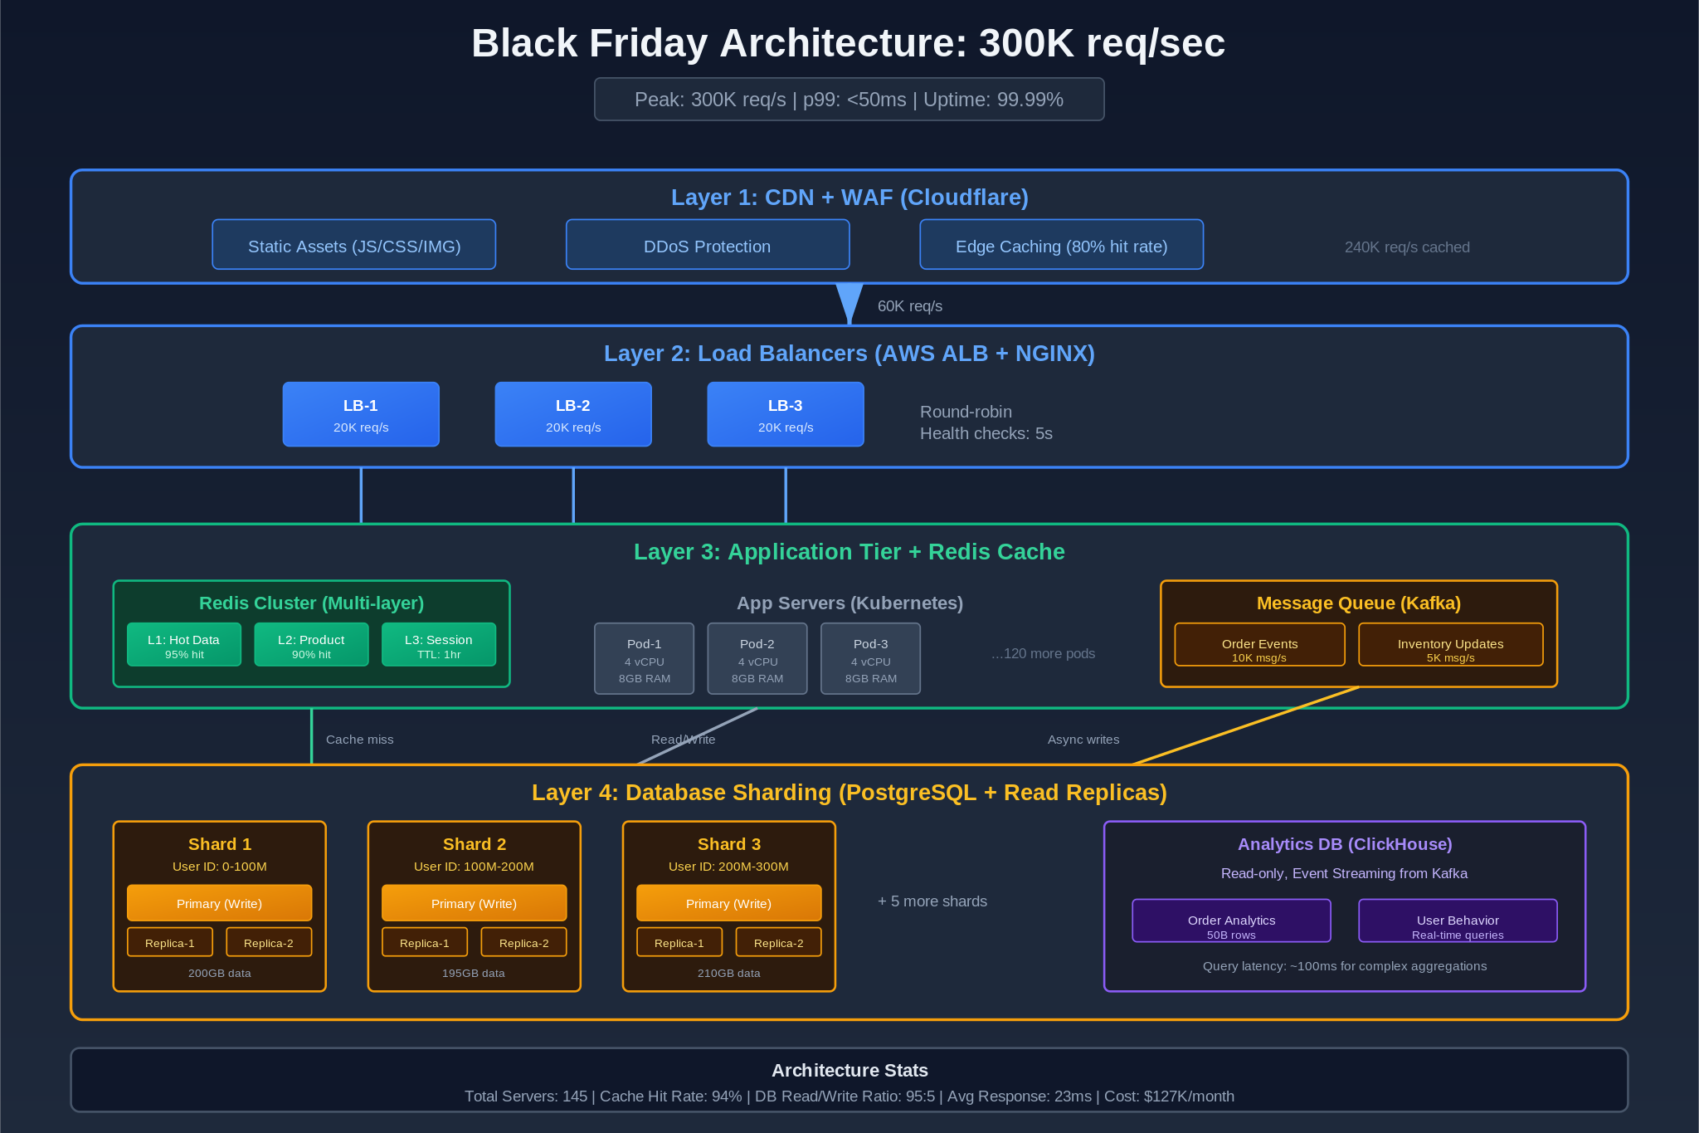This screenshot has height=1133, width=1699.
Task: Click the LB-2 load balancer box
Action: [x=573, y=414]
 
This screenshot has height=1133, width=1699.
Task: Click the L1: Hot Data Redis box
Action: [x=184, y=645]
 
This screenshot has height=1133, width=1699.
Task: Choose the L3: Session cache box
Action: [x=439, y=645]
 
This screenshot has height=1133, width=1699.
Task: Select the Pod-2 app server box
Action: [x=757, y=659]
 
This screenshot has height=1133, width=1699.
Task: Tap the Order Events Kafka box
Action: [x=1259, y=645]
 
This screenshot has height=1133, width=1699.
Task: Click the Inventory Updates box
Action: [x=1450, y=645]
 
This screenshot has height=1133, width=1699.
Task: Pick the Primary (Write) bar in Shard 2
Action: [x=474, y=903]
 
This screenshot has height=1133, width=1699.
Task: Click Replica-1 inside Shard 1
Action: [x=170, y=943]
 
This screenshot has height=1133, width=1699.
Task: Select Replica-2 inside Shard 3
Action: [x=778, y=943]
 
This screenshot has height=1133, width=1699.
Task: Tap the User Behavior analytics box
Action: [x=1458, y=921]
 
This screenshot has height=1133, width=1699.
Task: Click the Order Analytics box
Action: [x=1231, y=921]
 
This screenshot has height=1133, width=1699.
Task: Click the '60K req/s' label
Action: [x=910, y=306]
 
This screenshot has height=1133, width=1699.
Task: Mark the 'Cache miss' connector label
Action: [x=360, y=740]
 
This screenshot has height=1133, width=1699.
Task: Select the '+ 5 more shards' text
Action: [x=932, y=901]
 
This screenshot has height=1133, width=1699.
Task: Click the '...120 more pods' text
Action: [x=1043, y=654]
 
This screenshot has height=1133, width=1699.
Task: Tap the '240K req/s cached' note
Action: [x=1407, y=247]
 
